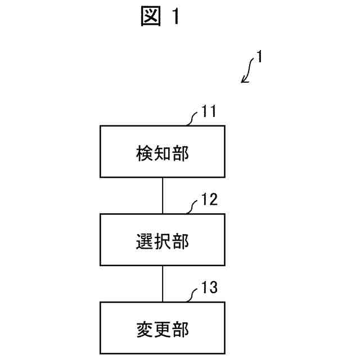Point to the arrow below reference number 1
pyautogui.click(x=248, y=73)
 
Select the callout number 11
pyautogui.click(x=209, y=112)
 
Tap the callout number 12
pyautogui.click(x=209, y=200)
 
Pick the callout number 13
pyautogui.click(x=209, y=289)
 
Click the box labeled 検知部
pyautogui.click(x=163, y=152)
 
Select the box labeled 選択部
pyautogui.click(x=163, y=240)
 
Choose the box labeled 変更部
pyautogui.click(x=163, y=327)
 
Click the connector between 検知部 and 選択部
pyautogui.click(x=163, y=196)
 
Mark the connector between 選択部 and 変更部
pyautogui.click(x=163, y=283)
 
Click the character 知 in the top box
pyautogui.click(x=163, y=153)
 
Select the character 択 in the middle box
pyautogui.click(x=163, y=241)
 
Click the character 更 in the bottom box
pyautogui.click(x=163, y=328)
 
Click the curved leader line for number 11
pyautogui.click(x=193, y=118)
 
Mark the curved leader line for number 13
pyautogui.click(x=193, y=295)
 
